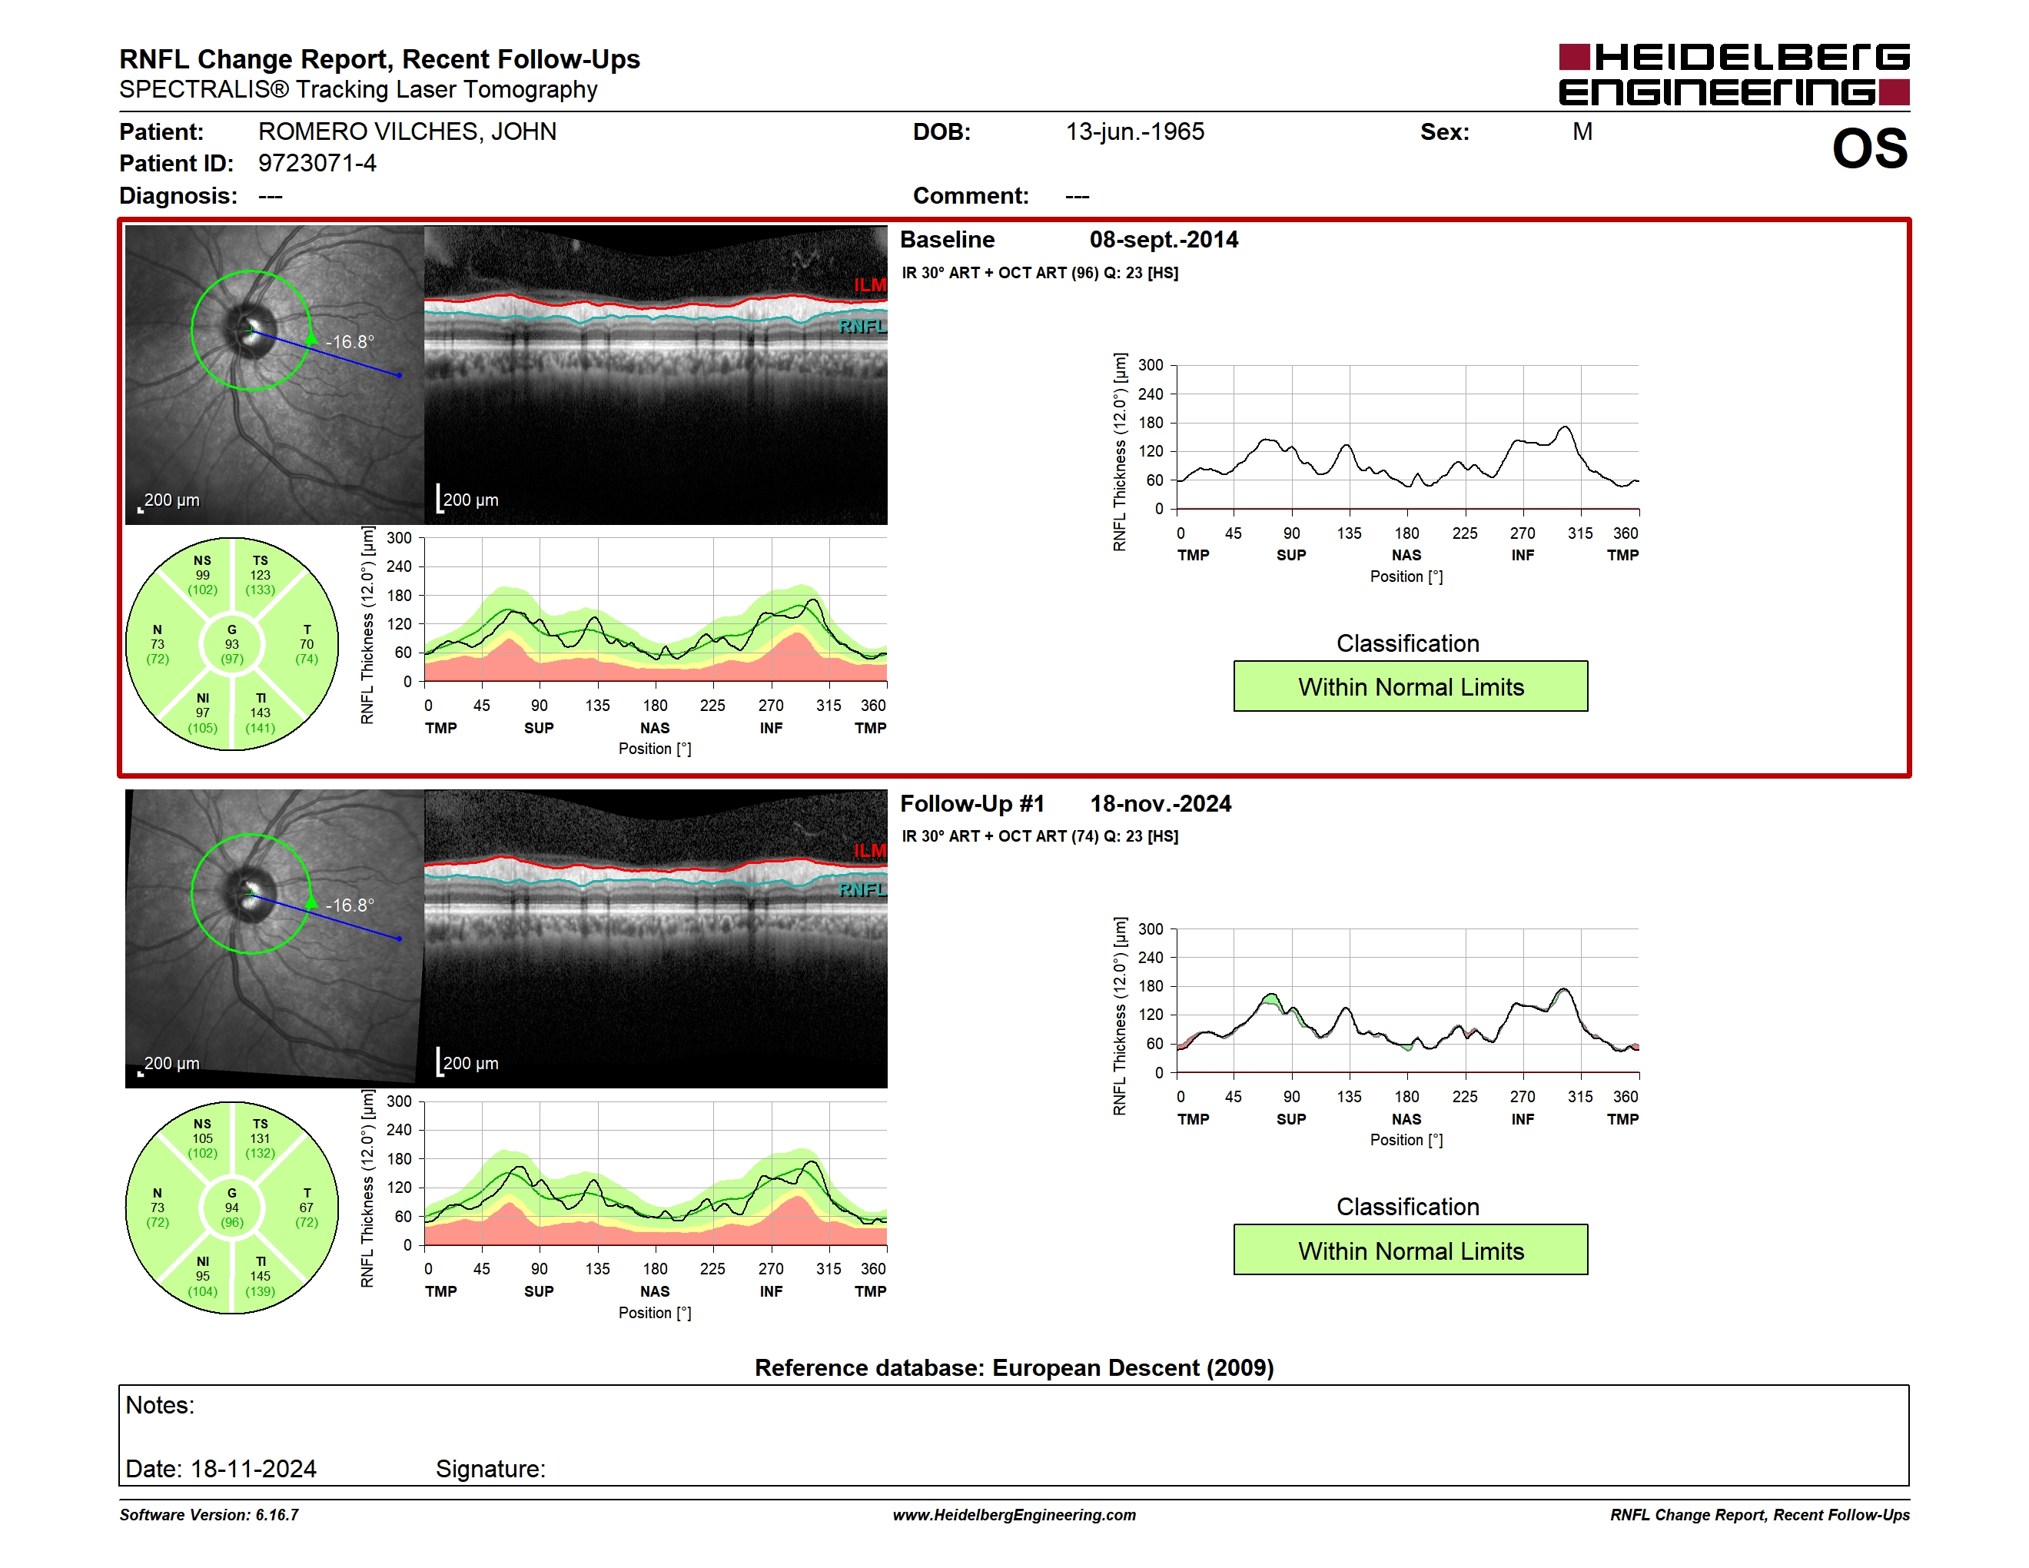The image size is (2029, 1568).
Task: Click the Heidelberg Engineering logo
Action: [x=1734, y=75]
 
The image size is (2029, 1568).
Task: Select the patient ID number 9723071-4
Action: [x=317, y=164]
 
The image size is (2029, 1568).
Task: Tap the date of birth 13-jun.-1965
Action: [x=1134, y=132]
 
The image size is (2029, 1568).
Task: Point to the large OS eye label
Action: [x=1869, y=148]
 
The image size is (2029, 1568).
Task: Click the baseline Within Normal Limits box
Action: [x=1410, y=686]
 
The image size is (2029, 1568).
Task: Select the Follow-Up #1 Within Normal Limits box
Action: [x=1410, y=1251]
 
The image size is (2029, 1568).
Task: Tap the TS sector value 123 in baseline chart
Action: [x=260, y=575]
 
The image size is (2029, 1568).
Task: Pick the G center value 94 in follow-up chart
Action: [x=232, y=1208]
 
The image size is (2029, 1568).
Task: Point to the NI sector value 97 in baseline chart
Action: [x=203, y=713]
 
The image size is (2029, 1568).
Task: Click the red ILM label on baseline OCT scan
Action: [x=869, y=284]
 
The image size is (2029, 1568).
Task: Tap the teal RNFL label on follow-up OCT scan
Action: [x=862, y=889]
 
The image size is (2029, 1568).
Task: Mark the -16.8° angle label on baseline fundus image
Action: [x=350, y=342]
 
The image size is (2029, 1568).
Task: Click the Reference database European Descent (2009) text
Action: [x=1014, y=1367]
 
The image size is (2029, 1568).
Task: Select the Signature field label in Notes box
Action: [x=490, y=1469]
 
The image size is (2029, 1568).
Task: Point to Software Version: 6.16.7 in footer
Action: [x=209, y=1514]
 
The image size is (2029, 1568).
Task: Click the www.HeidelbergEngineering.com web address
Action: [x=1014, y=1514]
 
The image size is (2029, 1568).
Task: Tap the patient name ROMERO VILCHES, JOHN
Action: [x=407, y=132]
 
